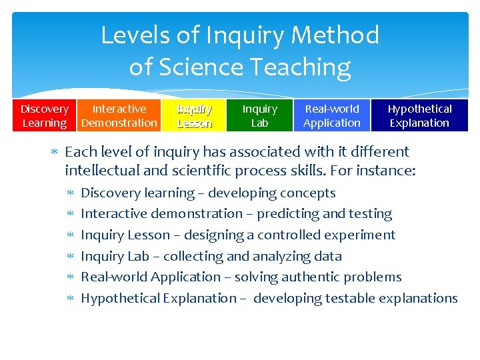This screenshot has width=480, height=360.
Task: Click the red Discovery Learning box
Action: click(x=44, y=115)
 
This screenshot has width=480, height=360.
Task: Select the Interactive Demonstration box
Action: click(x=119, y=115)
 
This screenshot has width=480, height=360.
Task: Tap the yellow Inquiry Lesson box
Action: click(x=194, y=115)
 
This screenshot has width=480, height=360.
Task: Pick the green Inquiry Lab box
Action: click(x=259, y=115)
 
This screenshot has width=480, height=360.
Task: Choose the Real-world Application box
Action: click(x=331, y=115)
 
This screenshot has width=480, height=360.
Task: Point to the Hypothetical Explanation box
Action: click(x=419, y=115)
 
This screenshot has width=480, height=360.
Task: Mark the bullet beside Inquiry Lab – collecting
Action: click(x=71, y=256)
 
